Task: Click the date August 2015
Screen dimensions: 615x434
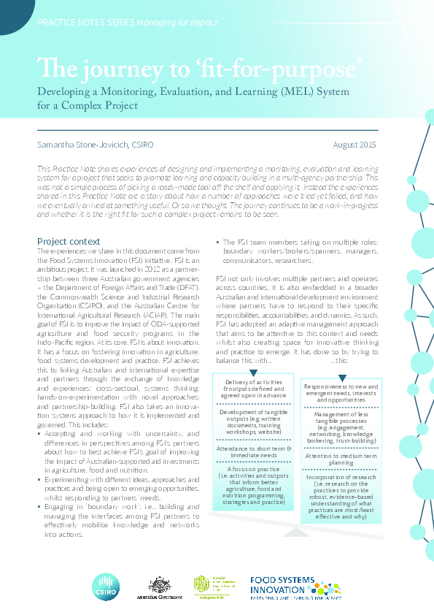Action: pos(354,145)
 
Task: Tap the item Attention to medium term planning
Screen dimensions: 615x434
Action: pos(341,459)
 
